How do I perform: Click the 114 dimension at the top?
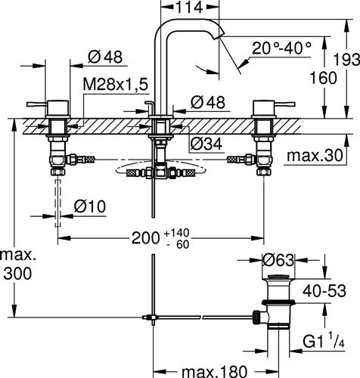pyautogui.click(x=189, y=8)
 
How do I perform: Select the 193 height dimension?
pyautogui.click(x=346, y=60)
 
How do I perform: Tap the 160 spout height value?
pyautogui.click(x=323, y=77)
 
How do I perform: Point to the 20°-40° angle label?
pyautogui.click(x=281, y=48)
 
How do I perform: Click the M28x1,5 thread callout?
pyautogui.click(x=115, y=84)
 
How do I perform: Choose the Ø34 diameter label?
pyautogui.click(x=206, y=144)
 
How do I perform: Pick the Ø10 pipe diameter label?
pyautogui.click(x=90, y=206)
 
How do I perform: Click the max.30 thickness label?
pyautogui.click(x=315, y=156)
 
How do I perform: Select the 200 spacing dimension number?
pyautogui.click(x=146, y=237)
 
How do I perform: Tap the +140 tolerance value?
pyautogui.click(x=176, y=233)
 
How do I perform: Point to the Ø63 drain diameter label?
pyautogui.click(x=278, y=260)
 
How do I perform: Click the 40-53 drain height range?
pyautogui.click(x=324, y=291)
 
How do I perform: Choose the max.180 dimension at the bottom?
pyautogui.click(x=214, y=371)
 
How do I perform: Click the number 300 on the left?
pyautogui.click(x=17, y=274)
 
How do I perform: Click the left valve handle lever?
pyautogui.click(x=37, y=104)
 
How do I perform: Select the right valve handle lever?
pyautogui.click(x=284, y=104)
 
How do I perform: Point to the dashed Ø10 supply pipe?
pyautogui.click(x=58, y=203)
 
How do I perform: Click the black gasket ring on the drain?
pyautogui.click(x=278, y=302)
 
